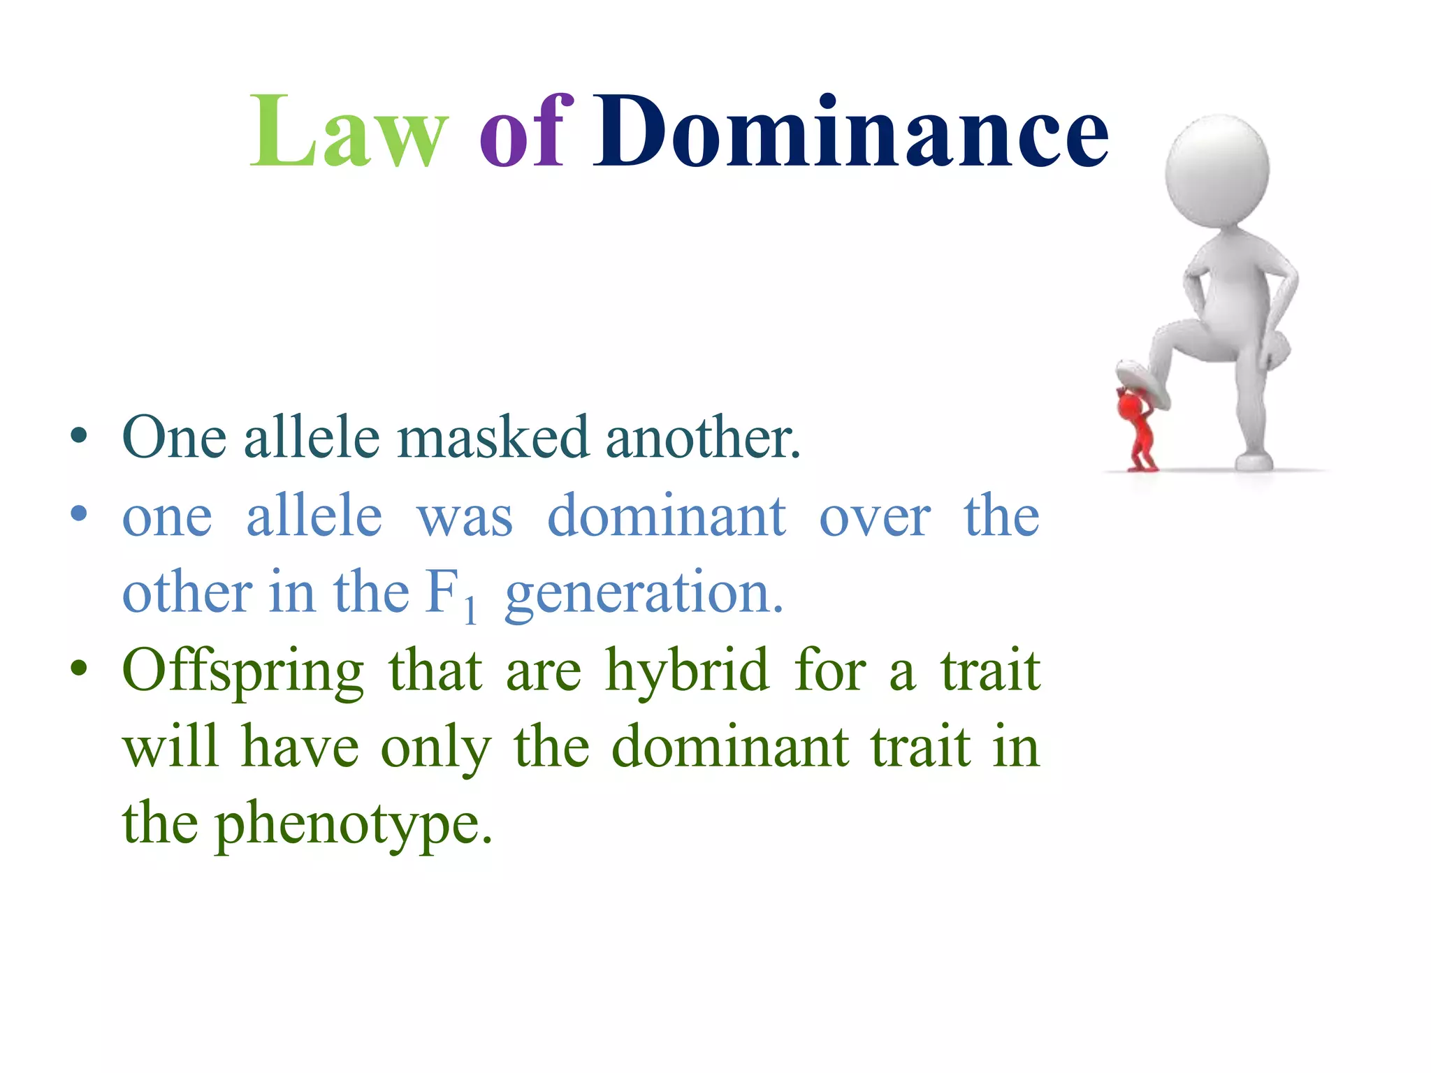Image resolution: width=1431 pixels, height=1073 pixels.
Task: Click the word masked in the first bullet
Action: pyautogui.click(x=493, y=438)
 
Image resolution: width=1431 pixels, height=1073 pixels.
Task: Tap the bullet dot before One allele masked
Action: pyautogui.click(x=79, y=437)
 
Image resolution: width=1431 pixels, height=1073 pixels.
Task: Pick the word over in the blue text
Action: pyautogui.click(x=875, y=517)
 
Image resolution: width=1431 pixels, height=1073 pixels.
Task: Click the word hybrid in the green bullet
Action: pyautogui.click(x=687, y=671)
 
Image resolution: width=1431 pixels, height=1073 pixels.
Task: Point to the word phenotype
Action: pyautogui.click(x=353, y=824)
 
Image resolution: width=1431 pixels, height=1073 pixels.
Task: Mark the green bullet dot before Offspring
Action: pyautogui.click(x=79, y=669)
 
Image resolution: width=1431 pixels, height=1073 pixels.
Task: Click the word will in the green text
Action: pyautogui.click(x=170, y=747)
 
